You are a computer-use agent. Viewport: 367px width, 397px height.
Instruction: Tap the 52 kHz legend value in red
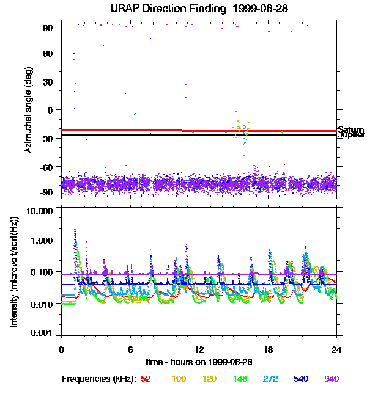click(x=146, y=379)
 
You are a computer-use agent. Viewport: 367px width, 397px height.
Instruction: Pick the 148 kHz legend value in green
click(x=240, y=379)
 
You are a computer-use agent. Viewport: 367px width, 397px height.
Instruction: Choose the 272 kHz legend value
click(x=272, y=379)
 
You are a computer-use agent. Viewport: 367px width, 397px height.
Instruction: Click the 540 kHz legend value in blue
click(x=302, y=379)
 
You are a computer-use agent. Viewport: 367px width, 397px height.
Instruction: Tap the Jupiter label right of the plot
click(x=351, y=135)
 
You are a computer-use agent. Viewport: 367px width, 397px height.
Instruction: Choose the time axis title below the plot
click(x=198, y=362)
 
